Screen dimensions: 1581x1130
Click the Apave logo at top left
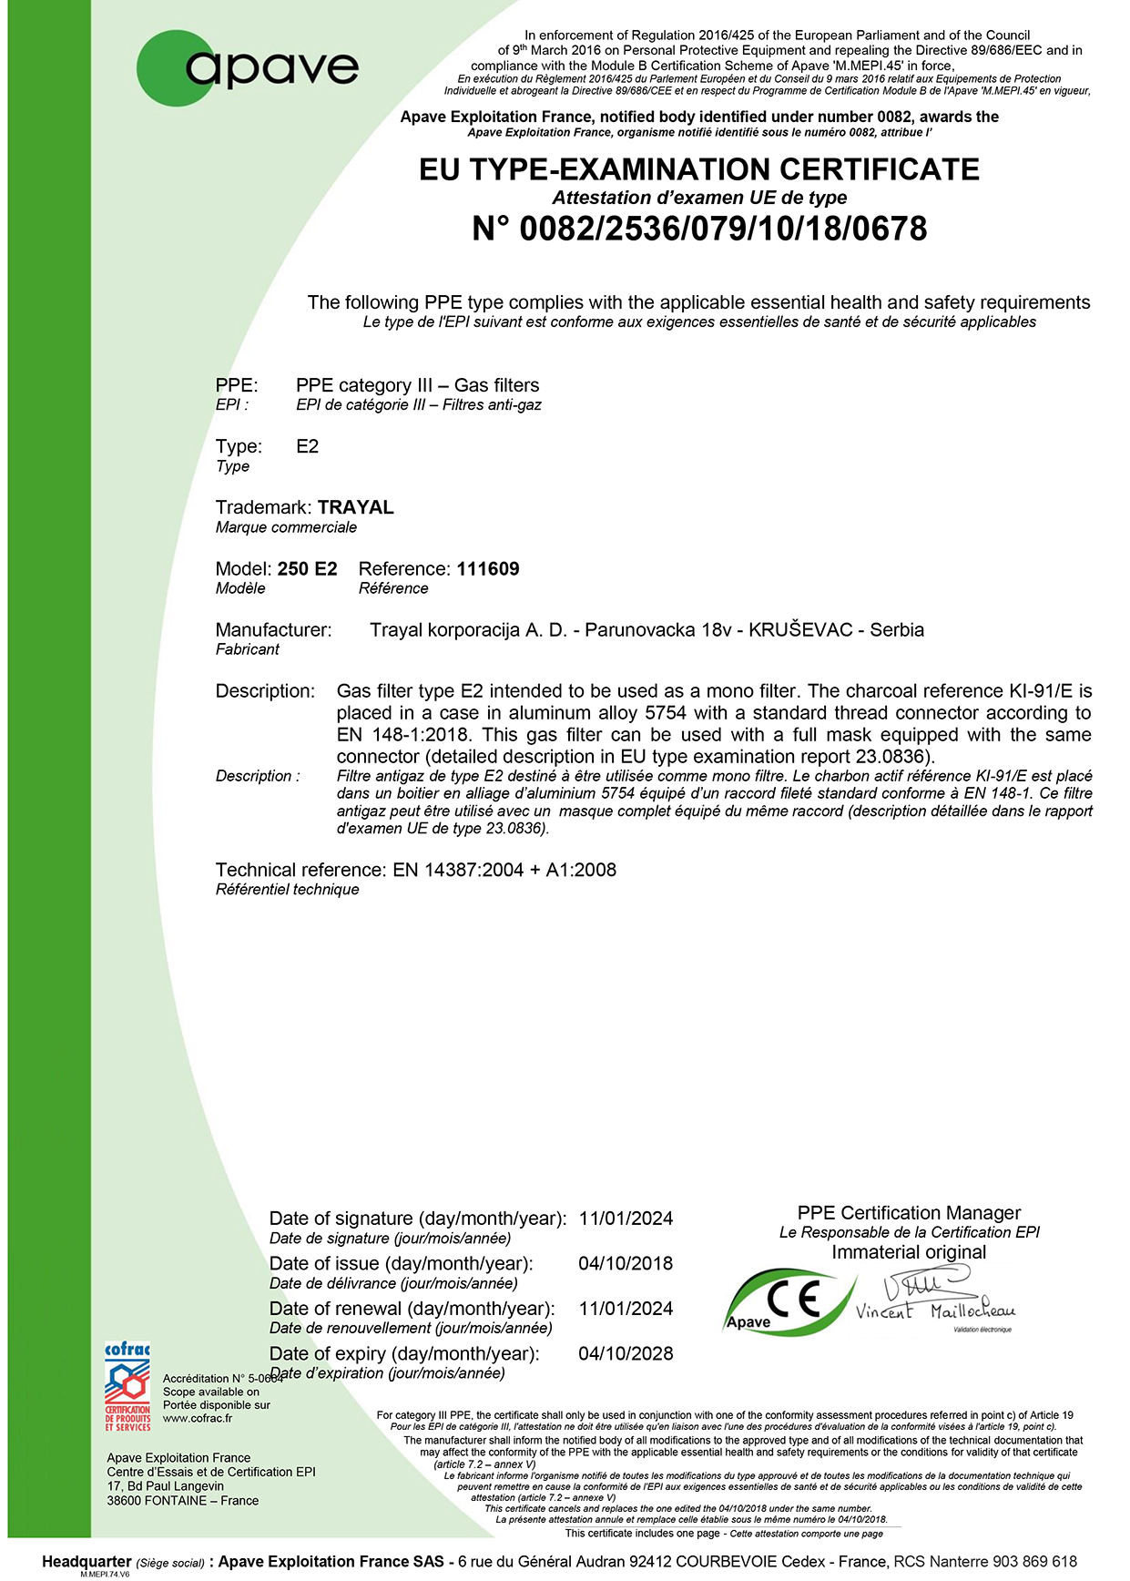point(248,67)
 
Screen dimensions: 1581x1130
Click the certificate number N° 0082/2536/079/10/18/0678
point(698,229)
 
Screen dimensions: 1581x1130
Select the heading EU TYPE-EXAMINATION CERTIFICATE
point(698,169)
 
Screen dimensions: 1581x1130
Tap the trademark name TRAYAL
point(355,507)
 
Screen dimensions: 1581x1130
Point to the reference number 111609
point(488,569)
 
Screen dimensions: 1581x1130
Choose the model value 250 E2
point(307,569)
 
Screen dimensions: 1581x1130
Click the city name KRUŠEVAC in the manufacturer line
point(800,630)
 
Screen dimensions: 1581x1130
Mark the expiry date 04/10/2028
point(626,1353)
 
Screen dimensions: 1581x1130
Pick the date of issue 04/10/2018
point(626,1264)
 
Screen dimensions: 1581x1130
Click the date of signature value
point(626,1219)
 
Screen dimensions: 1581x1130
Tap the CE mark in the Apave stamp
point(794,1297)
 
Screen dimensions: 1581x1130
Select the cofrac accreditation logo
point(127,1386)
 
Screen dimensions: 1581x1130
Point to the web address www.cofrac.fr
point(198,1418)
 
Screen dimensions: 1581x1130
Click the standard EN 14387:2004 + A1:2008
point(504,870)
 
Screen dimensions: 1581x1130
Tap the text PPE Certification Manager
point(909,1213)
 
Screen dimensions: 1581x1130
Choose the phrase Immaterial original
point(909,1252)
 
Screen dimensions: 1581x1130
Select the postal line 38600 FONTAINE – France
point(182,1500)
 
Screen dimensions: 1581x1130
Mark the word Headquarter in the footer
point(87,1561)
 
